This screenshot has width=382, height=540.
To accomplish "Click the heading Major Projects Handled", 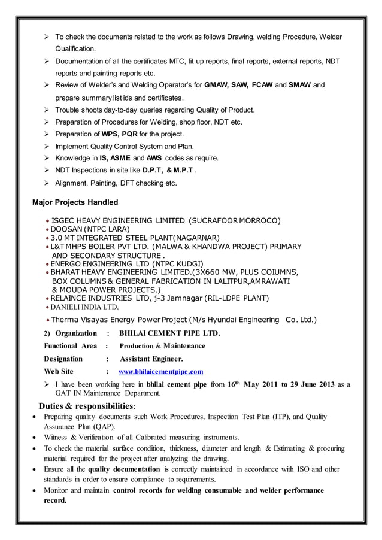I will coord(75,202).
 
